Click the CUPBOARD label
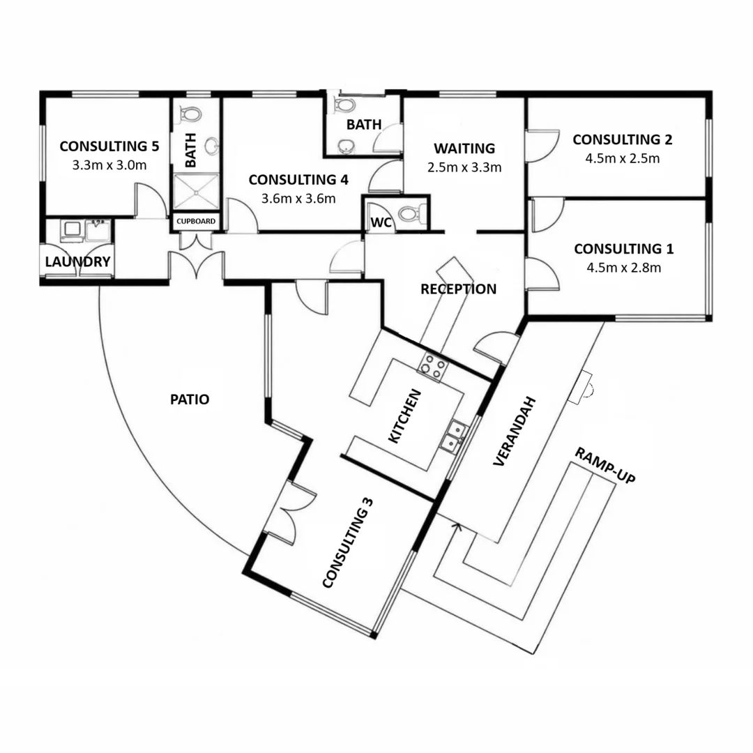(x=196, y=222)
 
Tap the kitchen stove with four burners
(x=433, y=367)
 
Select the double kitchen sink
(x=453, y=436)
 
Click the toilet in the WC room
(x=413, y=213)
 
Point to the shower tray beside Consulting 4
(x=196, y=192)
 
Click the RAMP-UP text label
(x=605, y=465)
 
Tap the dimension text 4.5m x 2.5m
(x=623, y=158)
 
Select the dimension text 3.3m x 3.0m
(x=109, y=165)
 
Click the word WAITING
(x=464, y=149)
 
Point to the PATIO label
(x=190, y=400)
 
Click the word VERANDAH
(x=515, y=432)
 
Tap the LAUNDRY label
(x=78, y=261)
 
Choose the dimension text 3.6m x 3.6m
(x=298, y=199)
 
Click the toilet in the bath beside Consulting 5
(x=190, y=114)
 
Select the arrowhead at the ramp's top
(x=457, y=527)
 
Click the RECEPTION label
(x=459, y=289)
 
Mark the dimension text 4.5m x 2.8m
(x=624, y=268)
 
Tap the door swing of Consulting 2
(x=542, y=145)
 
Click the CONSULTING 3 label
(x=347, y=543)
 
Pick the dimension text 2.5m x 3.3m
(x=464, y=167)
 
